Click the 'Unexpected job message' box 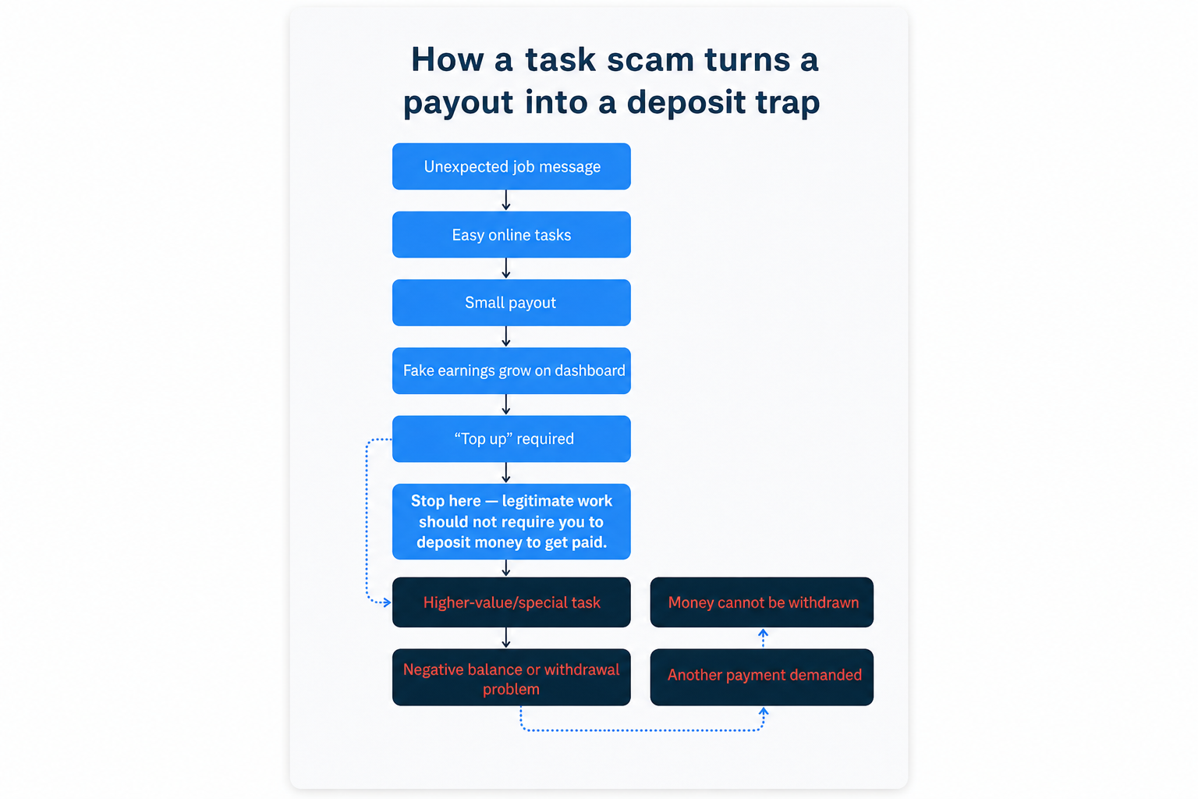(x=512, y=166)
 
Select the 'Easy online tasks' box (x=512, y=234)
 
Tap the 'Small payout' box (x=512, y=303)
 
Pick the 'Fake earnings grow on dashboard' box (x=512, y=371)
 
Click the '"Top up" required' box (x=512, y=439)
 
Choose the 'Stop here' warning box (x=512, y=522)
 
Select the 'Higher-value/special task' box (x=512, y=602)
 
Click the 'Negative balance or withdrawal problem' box (x=512, y=677)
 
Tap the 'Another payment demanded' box (x=761, y=677)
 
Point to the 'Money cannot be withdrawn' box (x=761, y=602)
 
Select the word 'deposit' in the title (x=686, y=103)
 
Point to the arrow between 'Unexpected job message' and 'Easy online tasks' (x=506, y=201)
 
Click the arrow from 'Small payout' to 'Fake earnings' (x=506, y=336)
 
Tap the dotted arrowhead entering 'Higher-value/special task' (x=387, y=602)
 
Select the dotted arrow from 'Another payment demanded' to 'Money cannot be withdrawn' (x=764, y=638)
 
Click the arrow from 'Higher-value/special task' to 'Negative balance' (x=506, y=638)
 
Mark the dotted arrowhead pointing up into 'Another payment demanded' (x=764, y=712)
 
